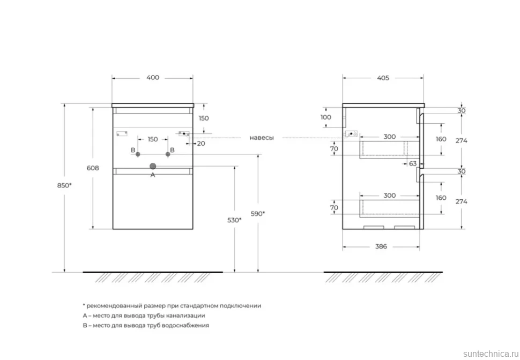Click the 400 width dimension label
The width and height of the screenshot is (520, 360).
point(153,78)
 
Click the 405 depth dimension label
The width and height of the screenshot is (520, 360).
point(383,78)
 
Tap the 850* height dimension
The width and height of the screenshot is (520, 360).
point(64,186)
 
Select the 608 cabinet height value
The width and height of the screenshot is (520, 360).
point(93,168)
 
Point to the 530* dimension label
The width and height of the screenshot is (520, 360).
point(234,220)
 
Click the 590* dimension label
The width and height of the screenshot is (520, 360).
point(258,214)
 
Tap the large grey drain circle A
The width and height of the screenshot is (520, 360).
point(153,167)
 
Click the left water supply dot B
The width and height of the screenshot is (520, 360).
point(138,154)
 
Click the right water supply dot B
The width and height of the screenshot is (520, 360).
point(168,154)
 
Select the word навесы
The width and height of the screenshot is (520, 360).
point(262,138)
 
